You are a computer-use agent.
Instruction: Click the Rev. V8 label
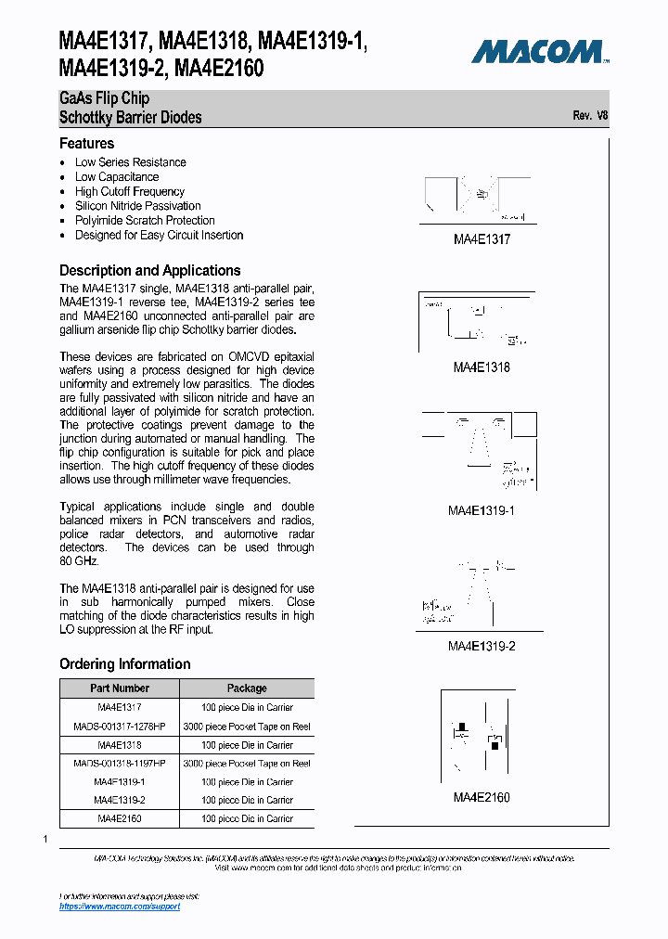tap(590, 116)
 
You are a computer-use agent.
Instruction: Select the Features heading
tap(87, 144)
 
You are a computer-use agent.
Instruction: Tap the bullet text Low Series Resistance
tap(130, 162)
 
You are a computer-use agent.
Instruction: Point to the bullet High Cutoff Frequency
tap(129, 191)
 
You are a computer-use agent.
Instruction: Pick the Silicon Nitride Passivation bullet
tap(137, 206)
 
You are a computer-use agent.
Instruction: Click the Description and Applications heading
tap(150, 270)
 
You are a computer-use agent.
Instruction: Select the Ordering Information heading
tap(125, 664)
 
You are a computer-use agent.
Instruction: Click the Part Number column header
tap(120, 688)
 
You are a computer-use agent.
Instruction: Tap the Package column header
tap(247, 688)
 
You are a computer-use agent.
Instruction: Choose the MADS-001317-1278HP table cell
tap(120, 727)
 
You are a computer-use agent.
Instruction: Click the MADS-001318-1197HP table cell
tap(120, 764)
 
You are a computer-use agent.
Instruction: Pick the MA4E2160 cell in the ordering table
tap(120, 818)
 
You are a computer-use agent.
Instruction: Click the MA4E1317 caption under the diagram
tap(482, 239)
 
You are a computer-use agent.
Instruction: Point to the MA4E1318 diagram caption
tap(482, 367)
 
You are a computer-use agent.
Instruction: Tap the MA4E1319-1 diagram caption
tap(482, 511)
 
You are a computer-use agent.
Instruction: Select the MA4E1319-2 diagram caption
tap(482, 646)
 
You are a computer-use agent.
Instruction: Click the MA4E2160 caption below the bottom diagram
tap(482, 797)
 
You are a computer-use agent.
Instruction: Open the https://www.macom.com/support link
tap(120, 906)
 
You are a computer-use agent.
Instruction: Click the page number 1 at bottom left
tap(45, 840)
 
